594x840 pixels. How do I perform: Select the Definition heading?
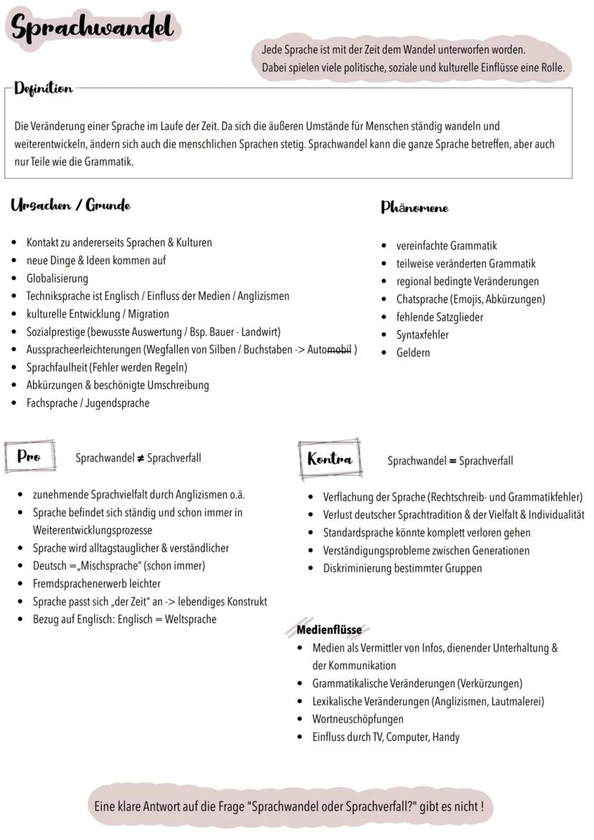43,89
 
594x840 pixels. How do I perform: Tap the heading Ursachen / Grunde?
70,206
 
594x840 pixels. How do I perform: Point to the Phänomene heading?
414,208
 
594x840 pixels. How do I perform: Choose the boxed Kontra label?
329,459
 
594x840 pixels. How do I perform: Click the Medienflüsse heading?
329,630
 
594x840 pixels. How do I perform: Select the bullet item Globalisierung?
57,278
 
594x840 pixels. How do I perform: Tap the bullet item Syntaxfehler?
422,335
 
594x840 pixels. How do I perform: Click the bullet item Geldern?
413,353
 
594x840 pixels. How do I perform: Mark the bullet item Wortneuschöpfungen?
357,719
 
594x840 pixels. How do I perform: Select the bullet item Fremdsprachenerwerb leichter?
96,584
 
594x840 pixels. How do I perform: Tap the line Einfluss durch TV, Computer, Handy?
385,737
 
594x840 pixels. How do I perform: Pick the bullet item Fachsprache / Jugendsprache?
88,403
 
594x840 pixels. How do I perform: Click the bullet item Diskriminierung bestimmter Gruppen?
402,568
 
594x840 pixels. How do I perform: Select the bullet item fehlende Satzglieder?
439,317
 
